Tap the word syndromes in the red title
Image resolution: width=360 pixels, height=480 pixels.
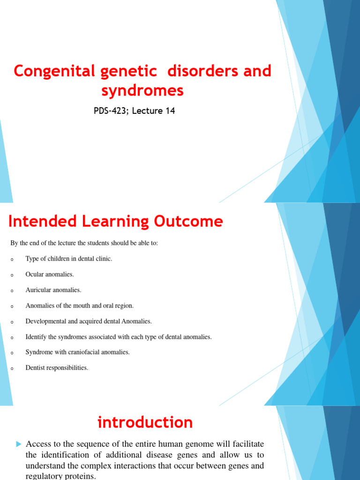[143, 90]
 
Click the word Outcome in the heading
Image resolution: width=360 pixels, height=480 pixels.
[192, 221]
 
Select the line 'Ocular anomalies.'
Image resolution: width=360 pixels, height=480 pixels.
[50, 274]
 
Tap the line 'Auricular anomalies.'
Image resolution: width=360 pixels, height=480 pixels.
[53, 290]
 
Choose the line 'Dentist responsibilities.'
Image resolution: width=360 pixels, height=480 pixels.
[57, 367]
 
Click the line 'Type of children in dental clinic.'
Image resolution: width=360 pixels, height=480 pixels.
[69, 259]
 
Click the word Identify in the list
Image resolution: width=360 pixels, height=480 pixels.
[35, 337]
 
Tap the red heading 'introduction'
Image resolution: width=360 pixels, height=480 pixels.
[145, 422]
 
